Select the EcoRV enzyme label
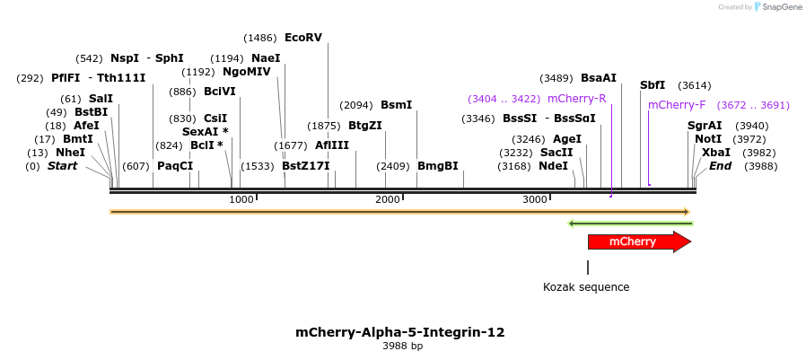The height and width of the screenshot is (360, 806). point(302,38)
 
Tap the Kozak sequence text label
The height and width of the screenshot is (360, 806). point(586,287)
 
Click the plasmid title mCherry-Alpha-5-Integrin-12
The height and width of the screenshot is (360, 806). point(400,332)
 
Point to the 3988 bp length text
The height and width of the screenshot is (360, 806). point(402,347)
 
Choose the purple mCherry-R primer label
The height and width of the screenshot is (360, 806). point(576,99)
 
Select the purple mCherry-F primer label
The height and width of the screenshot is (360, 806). point(677,105)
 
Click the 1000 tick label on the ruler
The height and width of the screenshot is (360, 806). point(241,199)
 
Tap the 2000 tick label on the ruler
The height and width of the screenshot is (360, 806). point(387,199)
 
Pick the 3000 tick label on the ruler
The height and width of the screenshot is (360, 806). point(534,199)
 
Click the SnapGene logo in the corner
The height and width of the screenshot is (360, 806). point(779,7)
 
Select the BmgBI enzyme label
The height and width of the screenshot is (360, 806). point(437,166)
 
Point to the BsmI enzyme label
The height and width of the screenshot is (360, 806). point(396,105)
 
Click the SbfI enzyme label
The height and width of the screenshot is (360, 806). point(653,85)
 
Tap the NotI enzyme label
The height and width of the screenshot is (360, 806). point(708,139)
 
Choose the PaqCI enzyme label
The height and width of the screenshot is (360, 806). point(175,166)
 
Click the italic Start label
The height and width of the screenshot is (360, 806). point(63,166)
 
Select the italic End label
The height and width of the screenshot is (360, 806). point(720,166)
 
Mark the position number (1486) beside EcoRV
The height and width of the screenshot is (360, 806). point(260,38)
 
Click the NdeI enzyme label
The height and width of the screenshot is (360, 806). point(553,166)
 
